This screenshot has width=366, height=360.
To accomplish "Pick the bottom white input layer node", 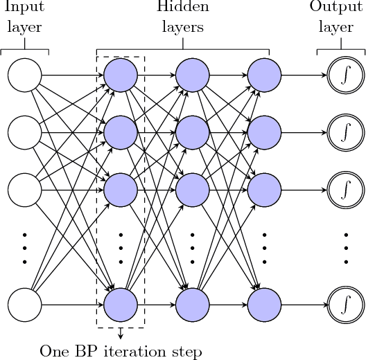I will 25,303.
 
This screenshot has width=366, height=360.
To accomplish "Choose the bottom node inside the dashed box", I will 121,303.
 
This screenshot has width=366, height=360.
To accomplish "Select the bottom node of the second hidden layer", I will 192,303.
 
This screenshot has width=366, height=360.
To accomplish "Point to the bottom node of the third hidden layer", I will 264,303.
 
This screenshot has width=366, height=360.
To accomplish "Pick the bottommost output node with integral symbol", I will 345,303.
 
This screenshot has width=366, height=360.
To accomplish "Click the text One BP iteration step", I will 121,352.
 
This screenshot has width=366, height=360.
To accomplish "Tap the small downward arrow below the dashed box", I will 121,334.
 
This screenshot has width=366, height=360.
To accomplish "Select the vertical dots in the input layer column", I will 25,246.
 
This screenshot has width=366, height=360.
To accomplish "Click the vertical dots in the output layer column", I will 345,246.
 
